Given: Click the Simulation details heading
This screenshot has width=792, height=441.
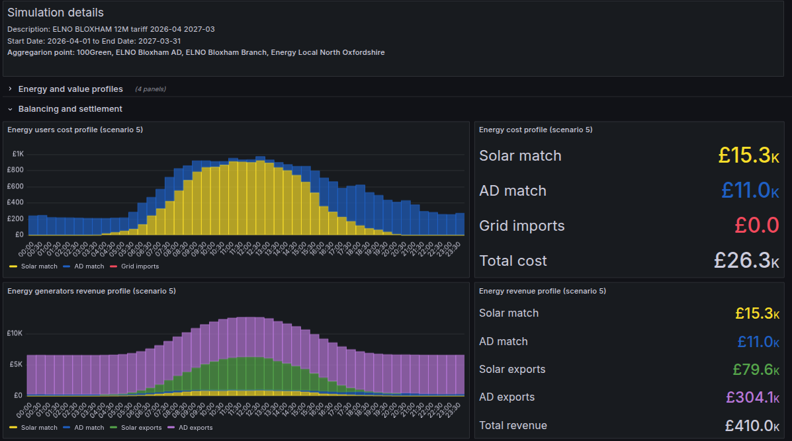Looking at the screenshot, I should (56, 13).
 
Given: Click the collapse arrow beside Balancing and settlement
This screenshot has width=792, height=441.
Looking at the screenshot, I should (11, 109).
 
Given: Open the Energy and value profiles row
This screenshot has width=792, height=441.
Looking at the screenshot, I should (70, 89).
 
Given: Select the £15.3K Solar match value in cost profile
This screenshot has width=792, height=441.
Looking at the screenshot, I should (748, 155).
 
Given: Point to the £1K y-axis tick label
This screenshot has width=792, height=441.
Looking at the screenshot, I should (18, 154).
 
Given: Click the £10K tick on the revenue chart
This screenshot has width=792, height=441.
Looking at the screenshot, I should (16, 333).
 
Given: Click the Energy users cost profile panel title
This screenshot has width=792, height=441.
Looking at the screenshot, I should (75, 130).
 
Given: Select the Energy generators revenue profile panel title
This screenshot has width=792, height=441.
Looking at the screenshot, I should (91, 291).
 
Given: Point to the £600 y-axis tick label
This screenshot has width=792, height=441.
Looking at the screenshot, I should (16, 186).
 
